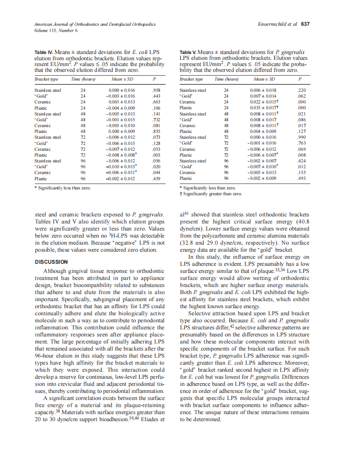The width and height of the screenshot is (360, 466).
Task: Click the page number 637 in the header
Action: [306, 24]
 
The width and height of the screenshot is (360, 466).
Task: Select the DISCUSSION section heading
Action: [51, 262]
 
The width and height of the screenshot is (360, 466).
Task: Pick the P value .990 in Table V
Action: [301, 137]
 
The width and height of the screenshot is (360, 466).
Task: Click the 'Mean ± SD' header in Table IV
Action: [122, 79]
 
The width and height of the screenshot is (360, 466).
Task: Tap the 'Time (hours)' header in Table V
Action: [226, 79]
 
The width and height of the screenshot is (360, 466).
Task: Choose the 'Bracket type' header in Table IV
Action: [46, 79]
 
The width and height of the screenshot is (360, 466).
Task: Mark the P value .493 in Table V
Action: [301, 179]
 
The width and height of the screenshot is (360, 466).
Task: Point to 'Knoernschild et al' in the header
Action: [277, 24]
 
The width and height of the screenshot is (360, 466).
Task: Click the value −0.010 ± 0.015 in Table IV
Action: [121, 167]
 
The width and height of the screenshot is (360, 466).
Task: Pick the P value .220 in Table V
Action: [301, 90]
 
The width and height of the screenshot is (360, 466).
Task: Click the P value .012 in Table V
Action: [301, 167]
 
